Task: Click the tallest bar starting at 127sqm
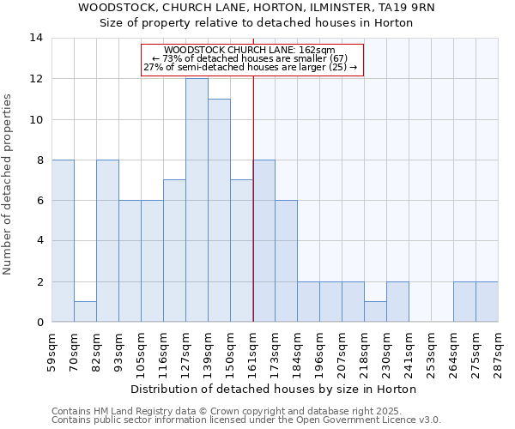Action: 197,200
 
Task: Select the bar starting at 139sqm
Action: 219,210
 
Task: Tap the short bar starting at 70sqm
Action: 85,311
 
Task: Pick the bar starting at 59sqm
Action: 63,240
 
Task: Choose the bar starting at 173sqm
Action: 286,261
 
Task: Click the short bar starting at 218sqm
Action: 375,311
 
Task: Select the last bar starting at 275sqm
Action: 487,301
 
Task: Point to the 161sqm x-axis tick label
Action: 253,352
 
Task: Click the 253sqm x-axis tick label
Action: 432,352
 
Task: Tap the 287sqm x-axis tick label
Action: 499,352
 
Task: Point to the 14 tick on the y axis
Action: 36,38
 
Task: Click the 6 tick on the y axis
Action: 39,201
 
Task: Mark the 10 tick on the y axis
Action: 36,119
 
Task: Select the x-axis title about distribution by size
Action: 275,389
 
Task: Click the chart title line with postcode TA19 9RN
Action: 257,8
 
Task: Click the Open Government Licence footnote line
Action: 246,420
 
